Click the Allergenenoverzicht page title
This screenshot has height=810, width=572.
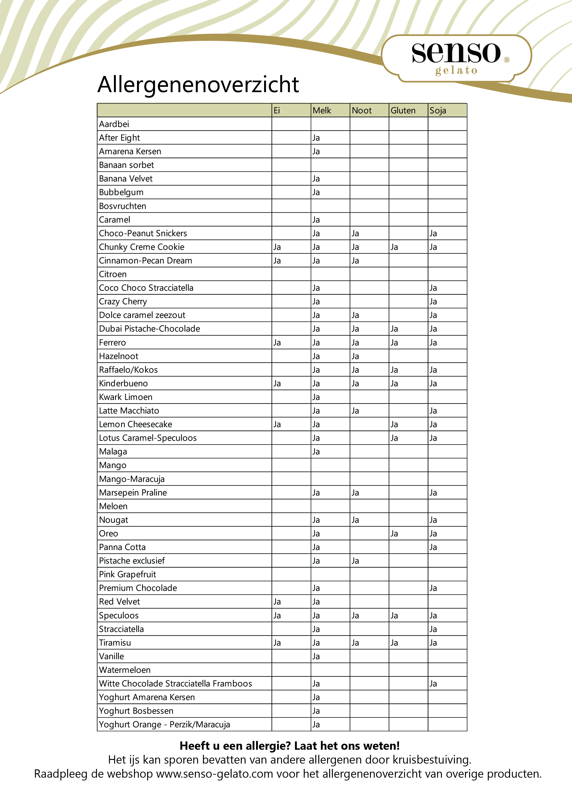[x=198, y=85]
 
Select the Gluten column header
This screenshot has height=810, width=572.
[x=403, y=110]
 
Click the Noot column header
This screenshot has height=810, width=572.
[x=362, y=110]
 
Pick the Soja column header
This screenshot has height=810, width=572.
[x=438, y=110]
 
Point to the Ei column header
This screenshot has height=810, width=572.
[x=277, y=110]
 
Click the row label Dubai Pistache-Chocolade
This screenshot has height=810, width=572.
[x=149, y=329]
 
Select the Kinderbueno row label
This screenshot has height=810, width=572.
[x=123, y=384]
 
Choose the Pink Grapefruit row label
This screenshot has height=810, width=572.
[x=127, y=574]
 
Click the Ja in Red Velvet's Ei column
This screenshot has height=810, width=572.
[x=277, y=602]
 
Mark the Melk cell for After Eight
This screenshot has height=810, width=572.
[x=316, y=138]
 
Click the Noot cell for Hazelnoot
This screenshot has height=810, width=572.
[x=355, y=356]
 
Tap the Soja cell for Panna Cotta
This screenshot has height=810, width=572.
[x=433, y=547]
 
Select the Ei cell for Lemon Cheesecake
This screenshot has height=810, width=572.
[x=277, y=424]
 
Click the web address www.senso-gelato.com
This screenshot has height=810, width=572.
[x=215, y=774]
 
